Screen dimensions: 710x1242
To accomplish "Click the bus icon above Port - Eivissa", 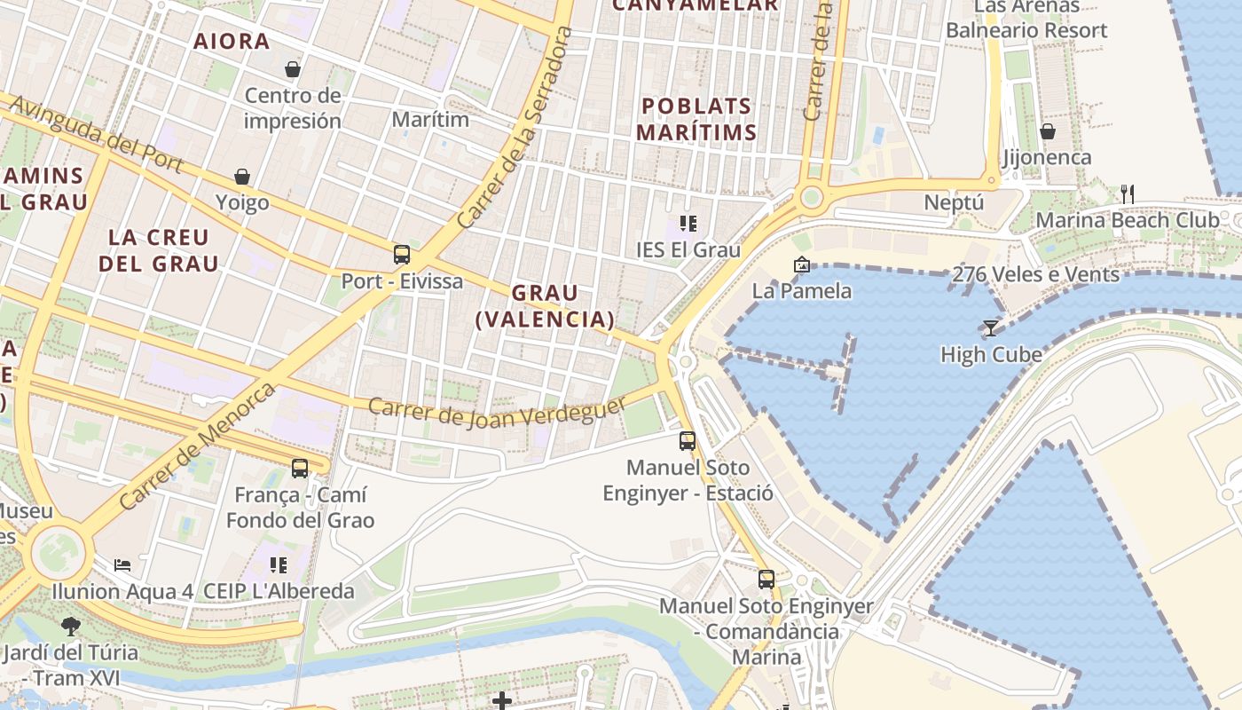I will point(402,255).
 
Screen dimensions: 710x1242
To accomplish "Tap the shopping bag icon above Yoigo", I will point(242,177).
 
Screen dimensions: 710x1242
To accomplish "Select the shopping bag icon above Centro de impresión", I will point(292,69).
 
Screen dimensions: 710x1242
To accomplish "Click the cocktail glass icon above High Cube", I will point(990,328).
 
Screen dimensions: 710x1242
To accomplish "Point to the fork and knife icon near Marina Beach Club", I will point(1128,193).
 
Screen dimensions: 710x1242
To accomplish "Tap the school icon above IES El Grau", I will point(688,223).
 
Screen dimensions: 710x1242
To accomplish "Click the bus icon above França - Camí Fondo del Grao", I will point(300,468).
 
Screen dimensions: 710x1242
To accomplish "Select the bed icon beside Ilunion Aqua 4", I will point(122,564).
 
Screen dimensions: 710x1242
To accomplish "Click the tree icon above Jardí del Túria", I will point(70,627).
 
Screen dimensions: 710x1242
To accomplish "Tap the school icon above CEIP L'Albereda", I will point(279,564).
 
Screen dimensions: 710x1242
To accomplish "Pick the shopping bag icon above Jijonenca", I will point(1047,131).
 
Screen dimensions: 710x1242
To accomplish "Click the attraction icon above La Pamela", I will point(801,264).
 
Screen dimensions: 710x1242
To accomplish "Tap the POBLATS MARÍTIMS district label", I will point(698,119).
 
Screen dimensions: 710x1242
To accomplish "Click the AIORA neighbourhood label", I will point(232,41).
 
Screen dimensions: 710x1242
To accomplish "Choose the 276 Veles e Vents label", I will point(1035,275).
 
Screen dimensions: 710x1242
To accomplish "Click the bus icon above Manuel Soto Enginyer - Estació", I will point(688,440).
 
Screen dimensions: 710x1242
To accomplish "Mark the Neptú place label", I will point(954,202).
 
